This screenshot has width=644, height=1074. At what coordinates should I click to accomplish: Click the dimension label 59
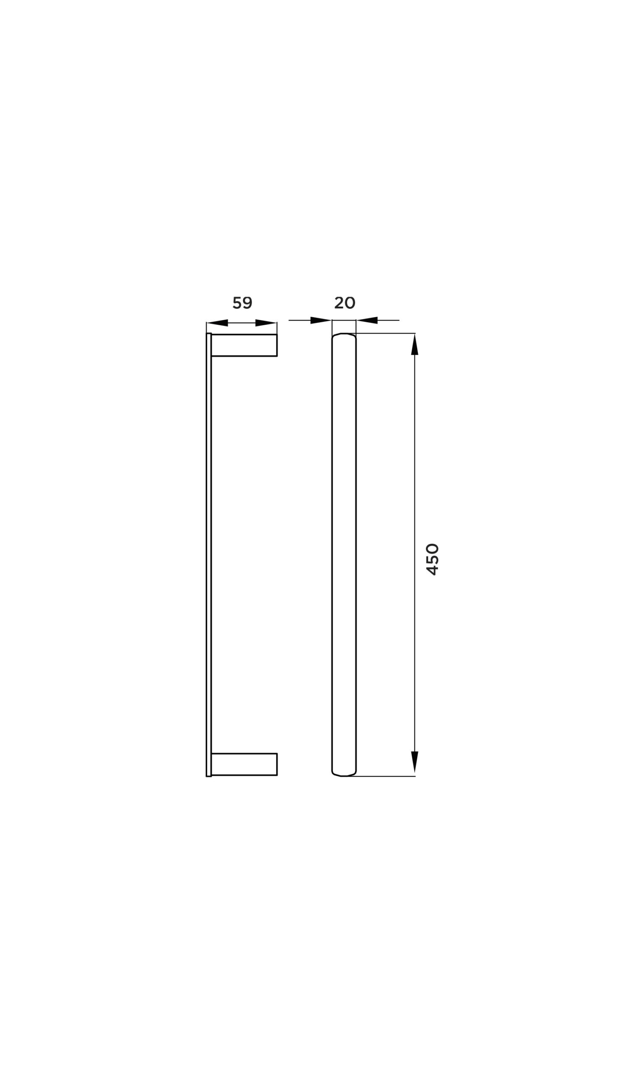[x=243, y=302]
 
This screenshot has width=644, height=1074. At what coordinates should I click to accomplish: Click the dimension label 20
[x=345, y=302]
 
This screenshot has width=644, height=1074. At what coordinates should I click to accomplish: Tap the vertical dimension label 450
[x=432, y=559]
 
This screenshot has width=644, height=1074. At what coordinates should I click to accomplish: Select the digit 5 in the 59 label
[x=237, y=302]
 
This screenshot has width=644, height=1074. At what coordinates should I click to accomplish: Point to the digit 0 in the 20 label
[x=350, y=302]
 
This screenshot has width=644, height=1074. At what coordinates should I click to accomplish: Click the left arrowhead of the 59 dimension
[x=218, y=323]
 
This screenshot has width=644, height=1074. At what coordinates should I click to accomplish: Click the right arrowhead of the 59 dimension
[x=266, y=323]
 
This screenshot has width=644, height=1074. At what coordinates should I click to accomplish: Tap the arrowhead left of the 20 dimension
[x=321, y=321]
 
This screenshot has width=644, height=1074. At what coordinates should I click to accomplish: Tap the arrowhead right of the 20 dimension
[x=367, y=321]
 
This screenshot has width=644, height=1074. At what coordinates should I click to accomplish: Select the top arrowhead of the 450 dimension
[x=414, y=344]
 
